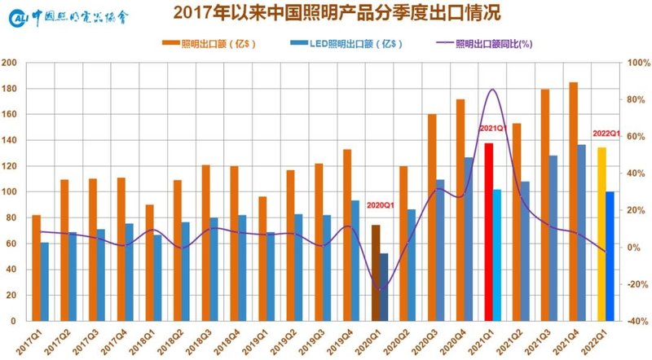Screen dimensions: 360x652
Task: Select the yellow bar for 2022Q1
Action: coord(601,234)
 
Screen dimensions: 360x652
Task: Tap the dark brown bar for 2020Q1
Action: coord(376,273)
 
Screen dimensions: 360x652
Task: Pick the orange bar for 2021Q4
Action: coord(574,201)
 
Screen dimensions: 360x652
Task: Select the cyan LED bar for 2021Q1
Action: coord(497,255)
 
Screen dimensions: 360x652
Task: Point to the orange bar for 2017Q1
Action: coord(37,268)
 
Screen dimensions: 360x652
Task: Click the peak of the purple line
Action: coord(492,90)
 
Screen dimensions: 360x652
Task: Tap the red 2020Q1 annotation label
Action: coord(381,205)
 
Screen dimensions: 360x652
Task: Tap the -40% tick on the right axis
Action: coord(634,321)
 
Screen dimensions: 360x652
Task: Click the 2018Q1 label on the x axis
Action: coord(150,338)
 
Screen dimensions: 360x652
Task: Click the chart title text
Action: coord(326,13)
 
